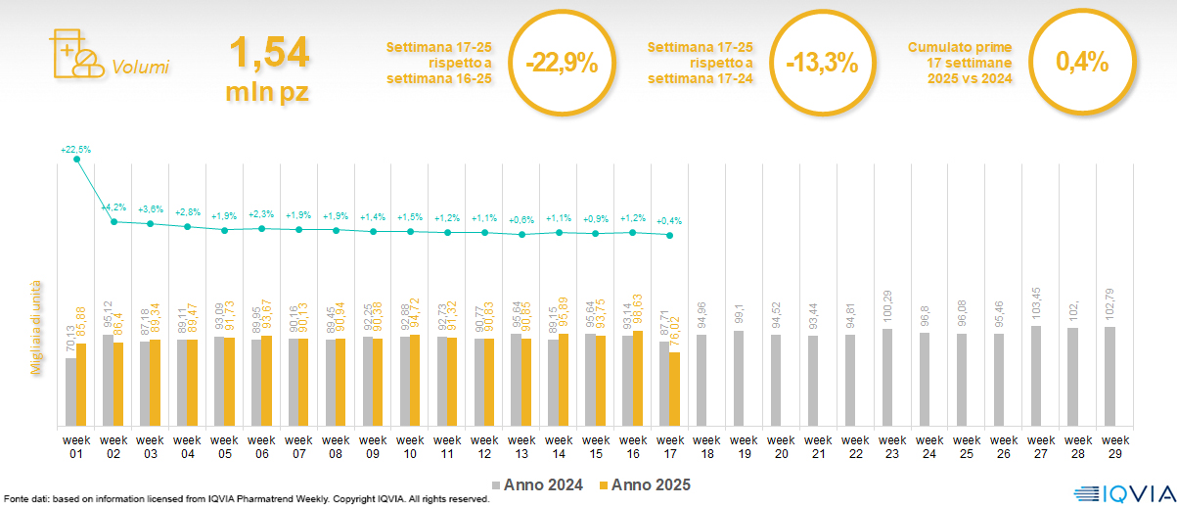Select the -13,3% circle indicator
pyautogui.click(x=822, y=63)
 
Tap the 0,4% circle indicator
pyautogui.click(x=1082, y=63)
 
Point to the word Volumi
pyautogui.click(x=140, y=68)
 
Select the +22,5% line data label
pyautogui.click(x=75, y=150)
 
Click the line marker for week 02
pyautogui.click(x=113, y=222)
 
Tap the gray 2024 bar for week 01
pyautogui.click(x=70, y=391)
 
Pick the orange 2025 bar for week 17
pyautogui.click(x=674, y=389)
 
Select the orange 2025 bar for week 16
pyautogui.click(x=638, y=378)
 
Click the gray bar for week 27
pyautogui.click(x=1036, y=376)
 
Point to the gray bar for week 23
pyautogui.click(x=886, y=377)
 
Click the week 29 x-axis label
pyautogui.click(x=1110, y=445)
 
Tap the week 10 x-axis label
pyautogui.click(x=410, y=445)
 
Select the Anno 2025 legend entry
pyautogui.click(x=644, y=484)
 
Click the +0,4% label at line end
pyautogui.click(x=670, y=220)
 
